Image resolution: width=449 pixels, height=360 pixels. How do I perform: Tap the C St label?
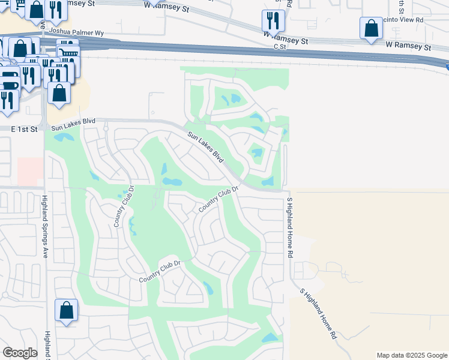click(280, 46)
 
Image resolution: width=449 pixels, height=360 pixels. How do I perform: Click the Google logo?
click(20, 353)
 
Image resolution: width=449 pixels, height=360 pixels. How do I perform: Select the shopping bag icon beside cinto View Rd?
click(371, 28)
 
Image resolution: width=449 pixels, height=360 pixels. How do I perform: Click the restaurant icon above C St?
click(273, 20)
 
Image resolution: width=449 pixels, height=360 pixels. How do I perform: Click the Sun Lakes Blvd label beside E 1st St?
click(73, 124)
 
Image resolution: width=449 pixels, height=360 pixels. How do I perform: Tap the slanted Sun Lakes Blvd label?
click(205, 147)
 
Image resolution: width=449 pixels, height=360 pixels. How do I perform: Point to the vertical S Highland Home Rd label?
click(289, 219)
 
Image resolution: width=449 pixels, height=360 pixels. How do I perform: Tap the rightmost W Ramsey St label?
click(408, 46)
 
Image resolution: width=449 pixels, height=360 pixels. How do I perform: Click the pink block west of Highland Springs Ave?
click(30, 172)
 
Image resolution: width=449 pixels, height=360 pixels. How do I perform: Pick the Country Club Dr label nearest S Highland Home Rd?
click(219, 198)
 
